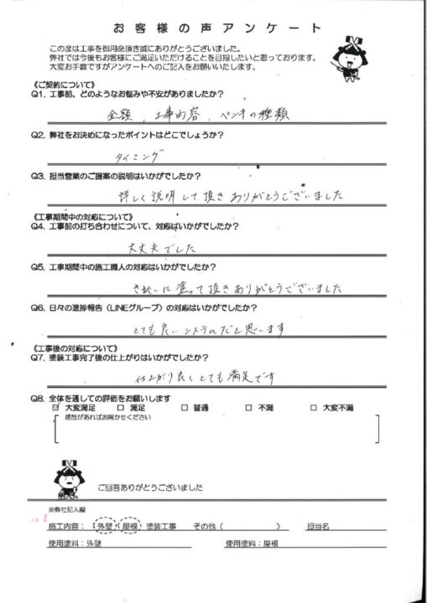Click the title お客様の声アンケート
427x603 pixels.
point(215,28)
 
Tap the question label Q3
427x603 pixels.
point(39,176)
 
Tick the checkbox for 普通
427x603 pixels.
point(184,408)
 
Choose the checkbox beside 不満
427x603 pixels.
point(249,408)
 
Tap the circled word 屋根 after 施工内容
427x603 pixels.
point(130,526)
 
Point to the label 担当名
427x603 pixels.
point(324,526)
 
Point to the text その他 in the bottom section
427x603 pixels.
point(206,526)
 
